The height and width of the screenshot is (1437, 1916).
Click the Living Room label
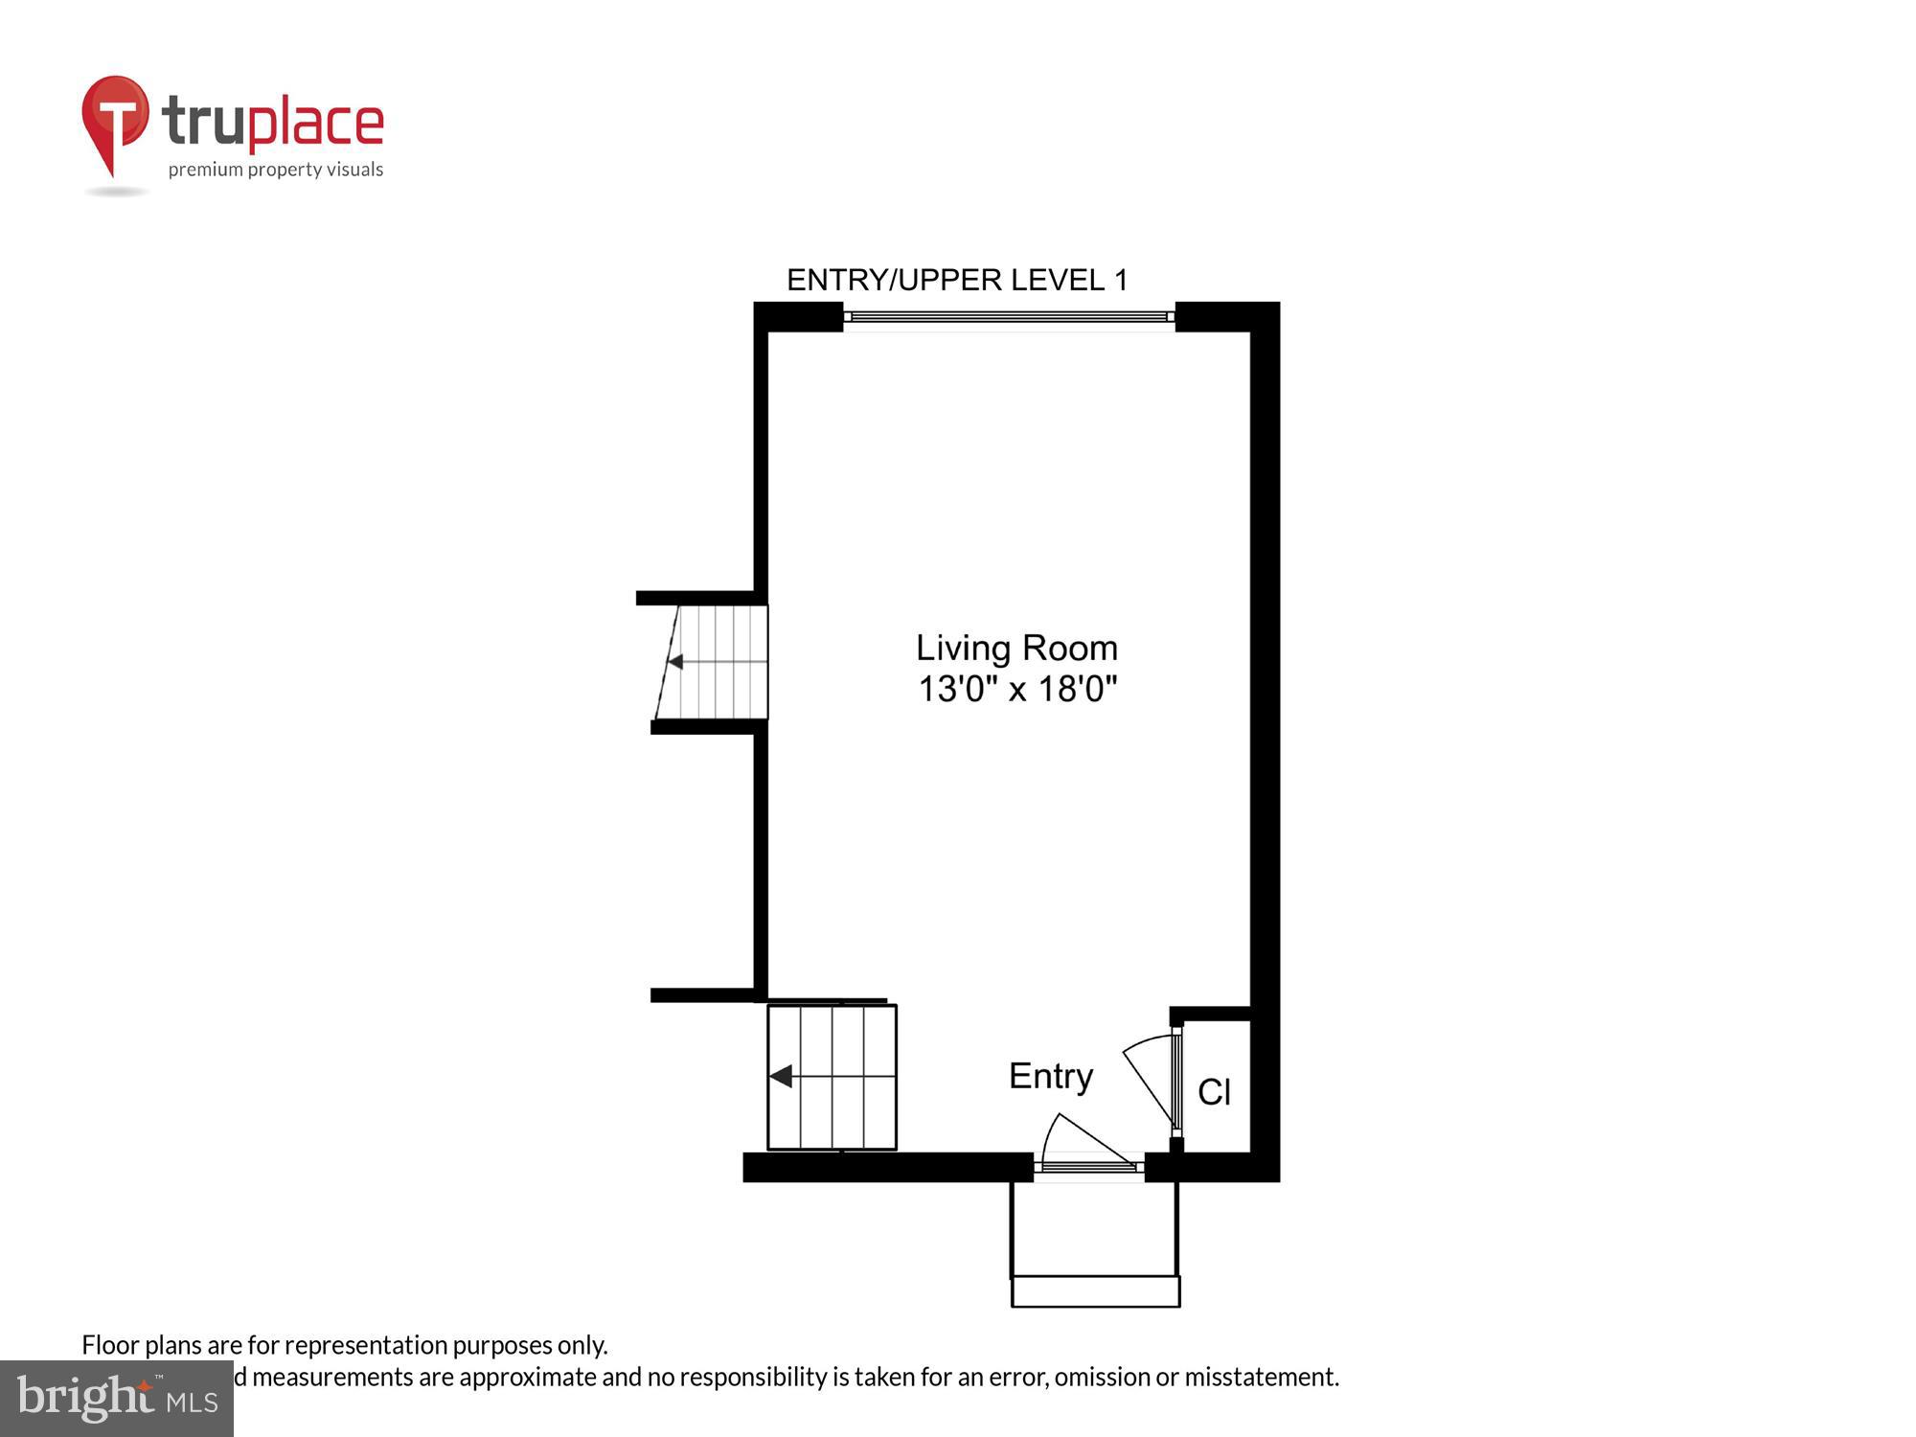pos(1016,649)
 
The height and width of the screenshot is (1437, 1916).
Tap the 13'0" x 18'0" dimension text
pos(1017,690)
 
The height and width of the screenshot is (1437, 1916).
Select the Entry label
pos(1051,1076)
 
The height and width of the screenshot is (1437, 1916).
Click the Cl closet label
pos(1214,1092)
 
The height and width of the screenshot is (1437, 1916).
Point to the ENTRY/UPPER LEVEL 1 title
pos(957,280)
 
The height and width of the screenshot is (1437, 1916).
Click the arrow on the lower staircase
pos(782,1077)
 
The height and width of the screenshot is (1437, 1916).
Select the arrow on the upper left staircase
pos(675,662)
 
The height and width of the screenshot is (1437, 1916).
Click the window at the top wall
pos(1009,317)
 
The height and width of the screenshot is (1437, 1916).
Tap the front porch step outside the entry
pos(1095,1290)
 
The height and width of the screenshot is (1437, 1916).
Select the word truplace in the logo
pos(273,123)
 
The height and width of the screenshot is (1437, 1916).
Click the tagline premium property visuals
pos(276,171)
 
